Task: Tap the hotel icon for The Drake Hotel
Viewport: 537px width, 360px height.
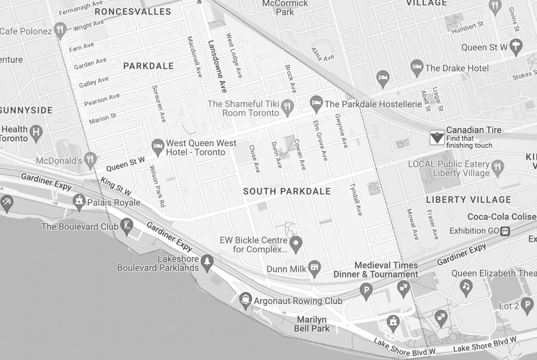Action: click(417, 67)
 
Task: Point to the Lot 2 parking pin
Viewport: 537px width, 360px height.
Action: click(527, 305)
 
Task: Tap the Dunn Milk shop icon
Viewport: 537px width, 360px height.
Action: click(314, 268)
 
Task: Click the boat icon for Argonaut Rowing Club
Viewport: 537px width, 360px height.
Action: click(246, 300)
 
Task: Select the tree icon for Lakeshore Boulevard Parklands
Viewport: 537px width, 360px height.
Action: click(207, 262)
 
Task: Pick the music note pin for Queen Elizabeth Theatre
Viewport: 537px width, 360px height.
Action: click(466, 287)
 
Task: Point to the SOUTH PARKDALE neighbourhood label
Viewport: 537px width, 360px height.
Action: click(287, 191)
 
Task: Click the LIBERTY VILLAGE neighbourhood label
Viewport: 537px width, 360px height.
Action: click(469, 200)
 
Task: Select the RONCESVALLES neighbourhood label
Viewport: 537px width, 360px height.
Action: click(133, 12)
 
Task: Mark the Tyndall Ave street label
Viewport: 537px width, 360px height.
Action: click(356, 199)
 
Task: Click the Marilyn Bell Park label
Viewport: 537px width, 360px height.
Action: click(312, 324)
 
